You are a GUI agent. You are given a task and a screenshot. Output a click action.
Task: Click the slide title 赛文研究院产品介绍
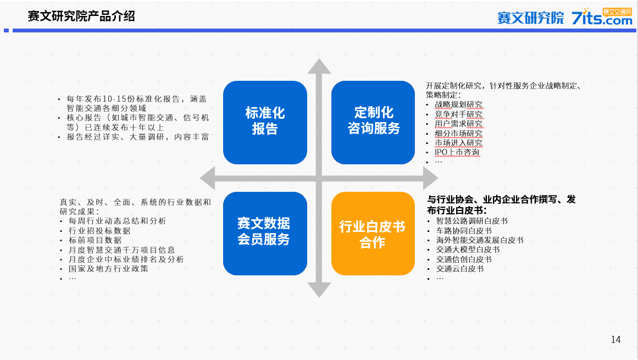[81, 16]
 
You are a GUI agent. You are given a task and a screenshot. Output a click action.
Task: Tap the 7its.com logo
[602, 16]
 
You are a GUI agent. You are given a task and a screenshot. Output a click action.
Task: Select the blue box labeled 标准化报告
[265, 123]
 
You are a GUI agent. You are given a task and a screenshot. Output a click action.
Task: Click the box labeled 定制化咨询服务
[373, 123]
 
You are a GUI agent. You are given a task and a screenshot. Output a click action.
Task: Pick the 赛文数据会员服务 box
[265, 234]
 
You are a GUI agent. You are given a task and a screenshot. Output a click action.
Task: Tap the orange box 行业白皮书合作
[373, 234]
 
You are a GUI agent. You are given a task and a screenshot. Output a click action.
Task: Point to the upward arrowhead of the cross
[319, 67]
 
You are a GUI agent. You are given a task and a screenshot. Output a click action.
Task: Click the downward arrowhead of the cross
[319, 290]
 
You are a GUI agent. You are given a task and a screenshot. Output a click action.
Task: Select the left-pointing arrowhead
[208, 178]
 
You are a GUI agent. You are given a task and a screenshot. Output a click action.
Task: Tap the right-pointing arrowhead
[431, 178]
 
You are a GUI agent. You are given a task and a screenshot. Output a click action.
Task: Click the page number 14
[615, 339]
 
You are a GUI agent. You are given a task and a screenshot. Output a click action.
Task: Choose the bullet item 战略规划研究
[458, 104]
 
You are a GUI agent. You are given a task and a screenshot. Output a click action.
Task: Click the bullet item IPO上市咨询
[457, 152]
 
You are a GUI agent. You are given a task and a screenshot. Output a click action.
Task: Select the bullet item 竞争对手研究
[458, 114]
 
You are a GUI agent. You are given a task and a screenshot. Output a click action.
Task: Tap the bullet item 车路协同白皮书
[464, 231]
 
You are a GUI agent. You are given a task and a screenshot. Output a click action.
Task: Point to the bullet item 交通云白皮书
[460, 268]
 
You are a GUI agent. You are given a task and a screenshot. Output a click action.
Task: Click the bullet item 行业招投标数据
[99, 231]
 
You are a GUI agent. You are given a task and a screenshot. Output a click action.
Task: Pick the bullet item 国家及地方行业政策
[108, 268]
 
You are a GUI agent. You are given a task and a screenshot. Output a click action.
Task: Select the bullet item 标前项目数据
[95, 240]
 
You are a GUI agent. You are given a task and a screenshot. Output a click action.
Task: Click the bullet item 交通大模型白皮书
[468, 250]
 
